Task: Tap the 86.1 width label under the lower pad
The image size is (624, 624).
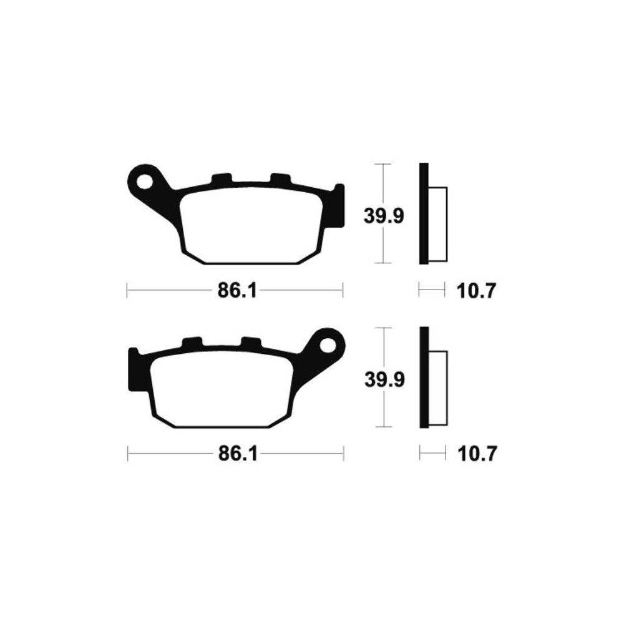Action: click(238, 454)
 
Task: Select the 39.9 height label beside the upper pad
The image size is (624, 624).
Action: click(384, 216)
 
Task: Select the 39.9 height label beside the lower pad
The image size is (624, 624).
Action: click(384, 379)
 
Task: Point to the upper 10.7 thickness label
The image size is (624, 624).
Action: click(476, 291)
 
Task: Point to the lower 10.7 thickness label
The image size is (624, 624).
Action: click(477, 454)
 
